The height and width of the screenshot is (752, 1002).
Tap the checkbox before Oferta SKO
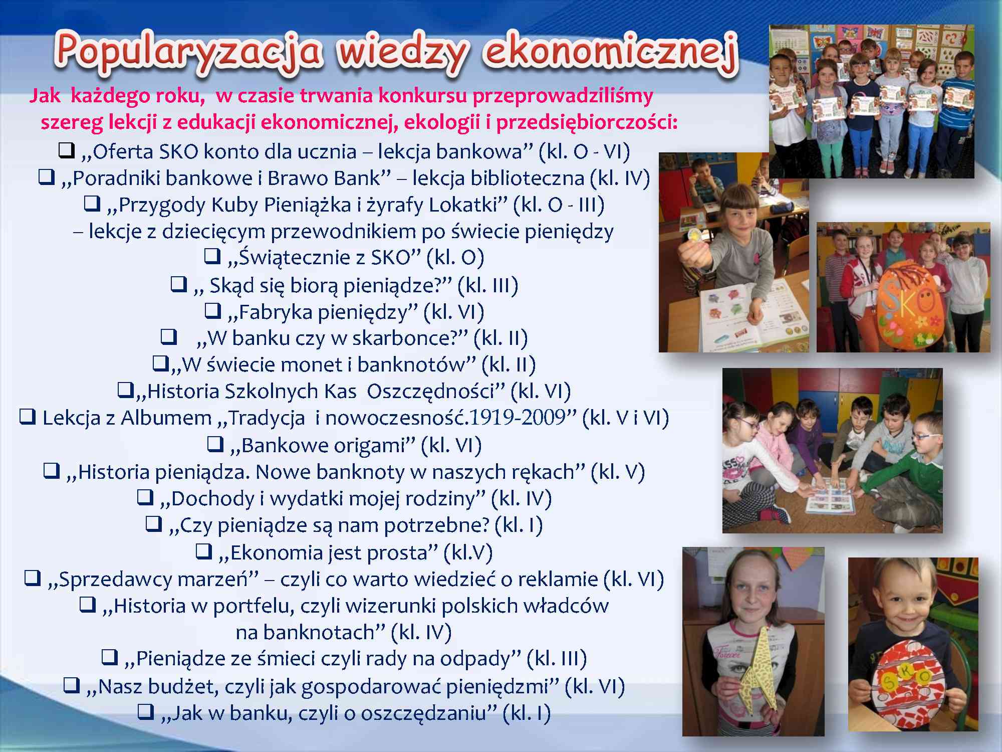[66, 150]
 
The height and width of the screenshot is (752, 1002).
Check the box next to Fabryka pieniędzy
[213, 311]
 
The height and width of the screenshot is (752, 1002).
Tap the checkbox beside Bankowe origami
[215, 444]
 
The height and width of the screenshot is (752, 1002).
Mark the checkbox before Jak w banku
[146, 711]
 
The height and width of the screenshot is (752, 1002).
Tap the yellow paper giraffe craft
[751, 672]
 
